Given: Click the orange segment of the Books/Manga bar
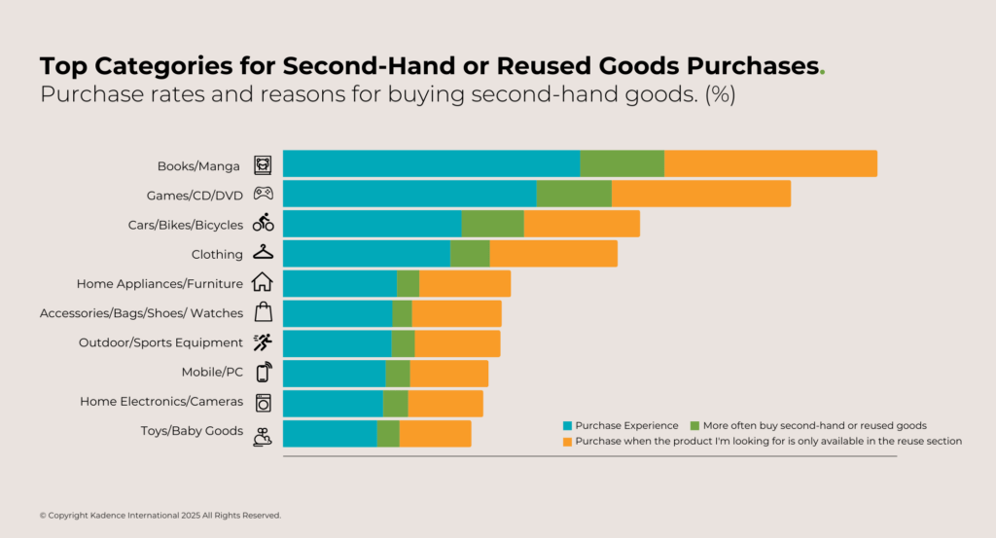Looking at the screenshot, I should [770, 163].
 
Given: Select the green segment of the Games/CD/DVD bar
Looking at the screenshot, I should [573, 194].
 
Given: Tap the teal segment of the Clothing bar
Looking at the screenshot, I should [366, 254].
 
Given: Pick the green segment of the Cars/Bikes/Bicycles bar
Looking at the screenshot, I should [492, 224].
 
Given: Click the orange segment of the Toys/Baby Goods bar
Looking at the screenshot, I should [435, 434].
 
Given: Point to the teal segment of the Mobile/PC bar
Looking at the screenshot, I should [334, 374].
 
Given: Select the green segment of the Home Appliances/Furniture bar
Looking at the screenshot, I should [408, 284].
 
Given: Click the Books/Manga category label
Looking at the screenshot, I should [198, 165].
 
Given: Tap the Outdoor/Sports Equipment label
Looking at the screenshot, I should [160, 342].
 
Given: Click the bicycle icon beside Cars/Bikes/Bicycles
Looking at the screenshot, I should [263, 223].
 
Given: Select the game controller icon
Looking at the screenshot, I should [263, 193].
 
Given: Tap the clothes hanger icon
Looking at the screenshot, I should [263, 252].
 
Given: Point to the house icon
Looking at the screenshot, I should [263, 282].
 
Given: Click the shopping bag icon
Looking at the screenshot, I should [263, 312].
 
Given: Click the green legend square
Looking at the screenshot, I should [694, 426].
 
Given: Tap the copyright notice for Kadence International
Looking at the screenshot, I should [160, 515].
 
